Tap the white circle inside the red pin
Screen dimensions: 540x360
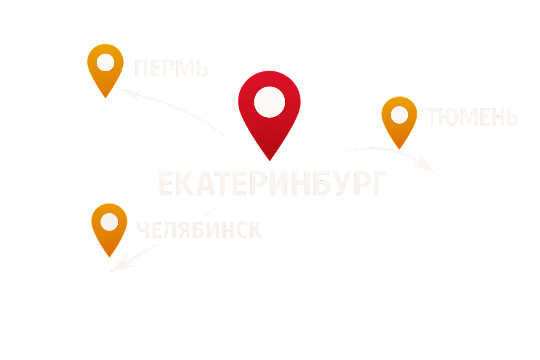pos(270,102)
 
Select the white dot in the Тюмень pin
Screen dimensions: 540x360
pos(399,115)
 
